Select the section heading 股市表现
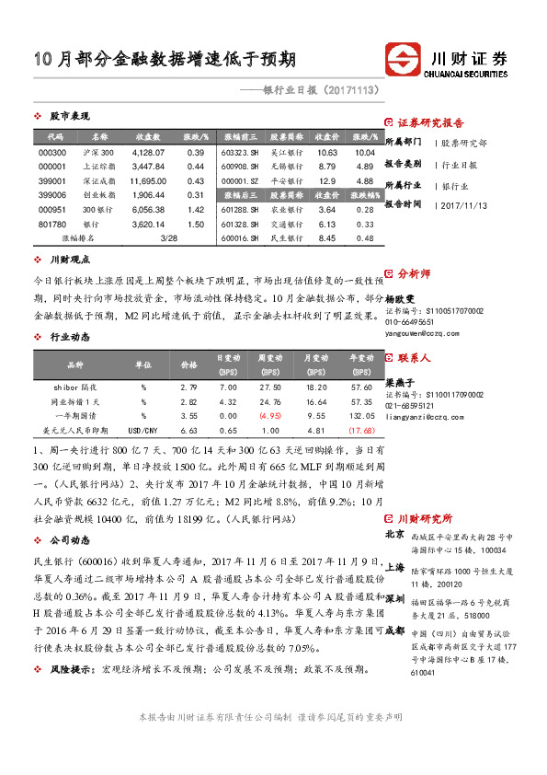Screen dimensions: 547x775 [x=69, y=117]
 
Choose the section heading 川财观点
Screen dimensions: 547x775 [x=69, y=260]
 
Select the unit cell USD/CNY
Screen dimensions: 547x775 [x=144, y=430]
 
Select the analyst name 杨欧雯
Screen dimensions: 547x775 [x=401, y=300]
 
